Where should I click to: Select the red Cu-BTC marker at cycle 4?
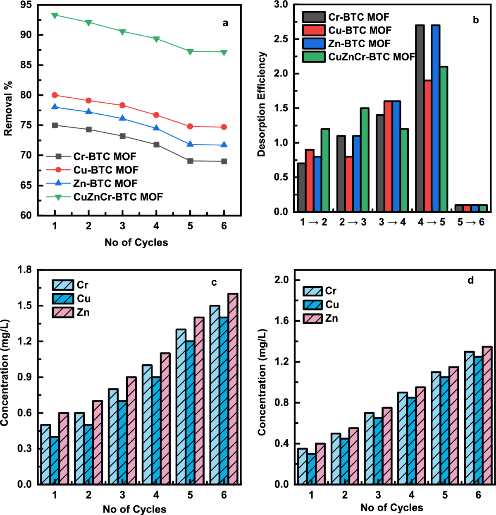pos(156,115)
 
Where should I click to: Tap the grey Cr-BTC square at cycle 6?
pos(224,161)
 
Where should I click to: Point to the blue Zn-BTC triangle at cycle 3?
pos(122,118)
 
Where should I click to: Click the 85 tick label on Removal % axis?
pos(26,65)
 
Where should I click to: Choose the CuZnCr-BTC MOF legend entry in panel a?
pos(118,197)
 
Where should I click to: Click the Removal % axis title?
pos(8,108)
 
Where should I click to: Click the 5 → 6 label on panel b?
pos(471,222)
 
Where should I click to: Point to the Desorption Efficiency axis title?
pos(261,104)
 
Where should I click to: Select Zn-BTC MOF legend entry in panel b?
pos(359,43)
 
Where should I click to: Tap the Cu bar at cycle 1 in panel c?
pos(55,460)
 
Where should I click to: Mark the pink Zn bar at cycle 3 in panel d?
pos(387,445)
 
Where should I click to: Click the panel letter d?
pos(470,281)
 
